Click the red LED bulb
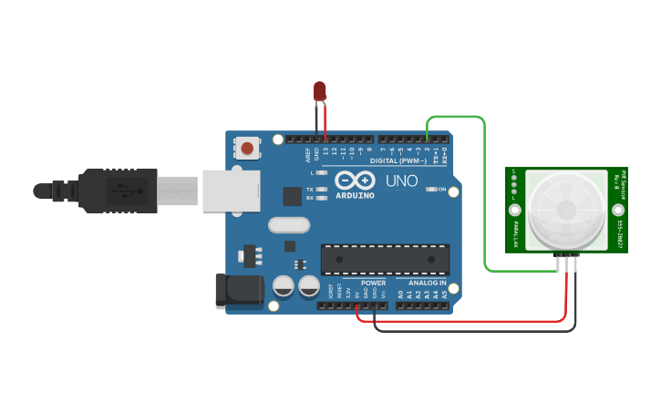[319, 90]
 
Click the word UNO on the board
[403, 181]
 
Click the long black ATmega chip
[385, 260]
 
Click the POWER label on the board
[373, 284]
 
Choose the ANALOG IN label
[427, 284]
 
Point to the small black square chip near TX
[292, 196]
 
